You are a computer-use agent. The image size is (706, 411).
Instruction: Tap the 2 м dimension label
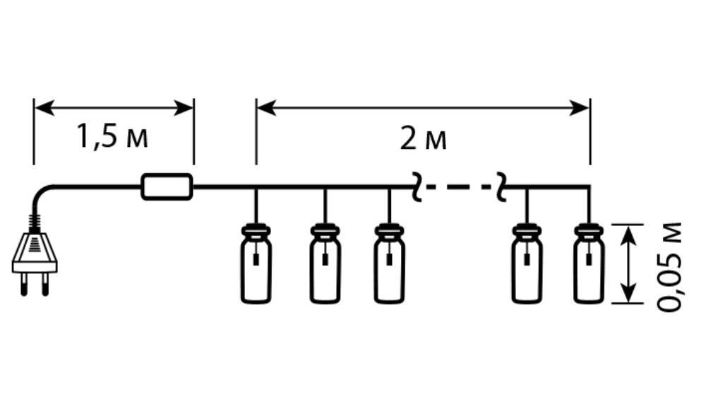424,139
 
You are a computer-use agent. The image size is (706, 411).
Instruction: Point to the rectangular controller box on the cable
167,187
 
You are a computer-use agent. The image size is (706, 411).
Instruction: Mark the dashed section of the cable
458,188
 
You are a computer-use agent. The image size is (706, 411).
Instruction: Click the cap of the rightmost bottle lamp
588,230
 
